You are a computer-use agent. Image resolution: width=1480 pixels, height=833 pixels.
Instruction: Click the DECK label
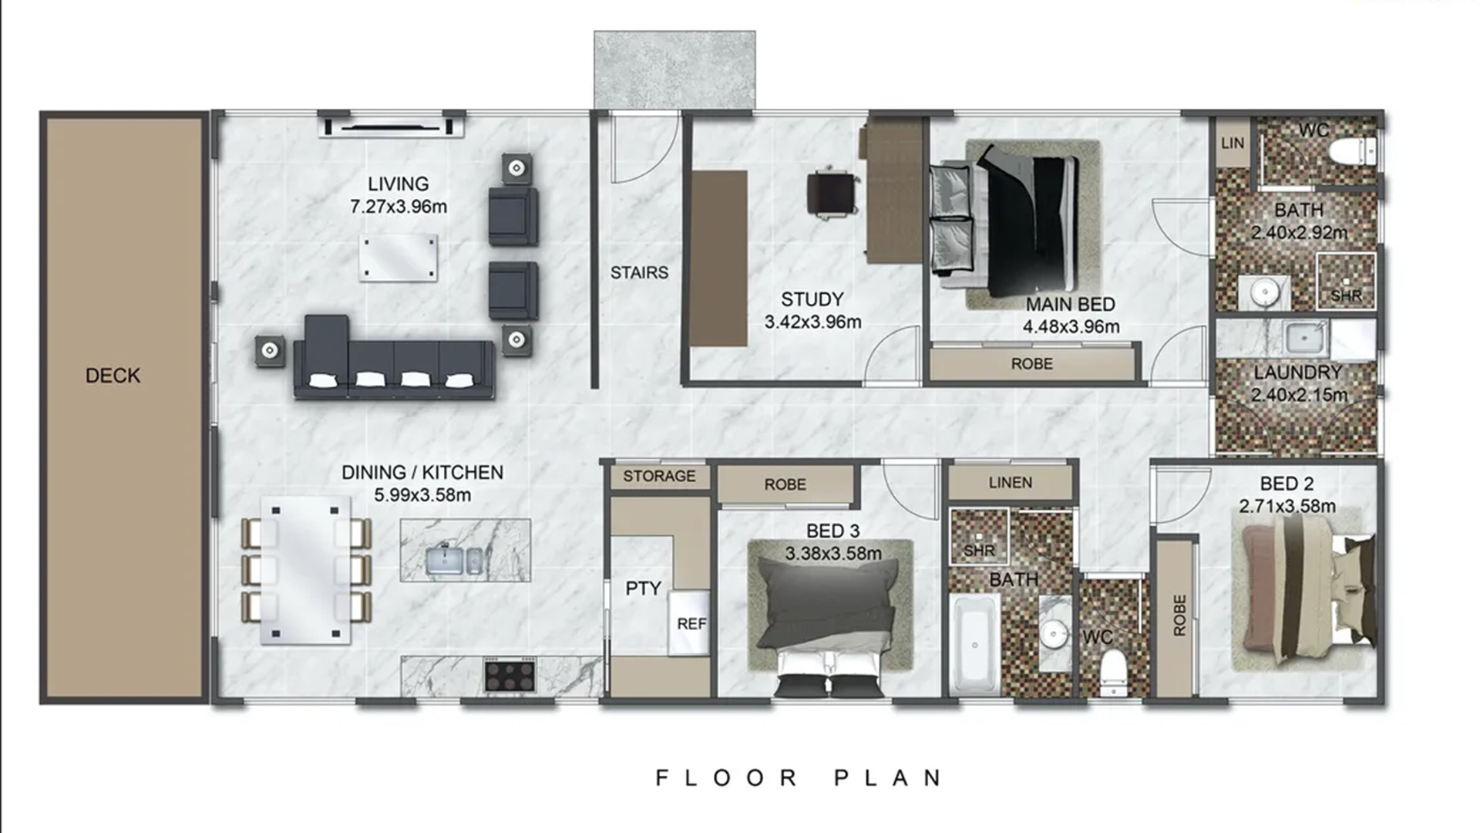click(x=113, y=376)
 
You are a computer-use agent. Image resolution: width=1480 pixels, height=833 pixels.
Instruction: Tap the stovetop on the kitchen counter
click(x=510, y=675)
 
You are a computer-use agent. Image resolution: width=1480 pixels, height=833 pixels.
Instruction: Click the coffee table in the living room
click(x=398, y=258)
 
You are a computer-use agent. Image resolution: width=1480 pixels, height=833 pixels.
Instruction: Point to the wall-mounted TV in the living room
click(x=392, y=126)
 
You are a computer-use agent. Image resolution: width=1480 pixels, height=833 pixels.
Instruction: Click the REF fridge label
click(x=691, y=624)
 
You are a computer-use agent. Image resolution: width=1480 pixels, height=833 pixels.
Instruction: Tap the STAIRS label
click(x=639, y=272)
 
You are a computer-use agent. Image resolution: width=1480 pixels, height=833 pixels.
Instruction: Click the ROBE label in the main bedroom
click(x=1031, y=364)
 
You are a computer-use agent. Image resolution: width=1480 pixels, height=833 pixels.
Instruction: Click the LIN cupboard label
click(x=1232, y=143)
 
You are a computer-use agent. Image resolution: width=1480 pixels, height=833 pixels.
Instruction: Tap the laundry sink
click(x=1303, y=338)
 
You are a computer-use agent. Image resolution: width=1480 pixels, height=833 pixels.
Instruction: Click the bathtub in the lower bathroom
click(x=975, y=643)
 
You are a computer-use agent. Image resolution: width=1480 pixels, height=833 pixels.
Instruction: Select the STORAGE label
click(x=659, y=476)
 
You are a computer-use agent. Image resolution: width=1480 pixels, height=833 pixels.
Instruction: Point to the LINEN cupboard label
click(x=1010, y=483)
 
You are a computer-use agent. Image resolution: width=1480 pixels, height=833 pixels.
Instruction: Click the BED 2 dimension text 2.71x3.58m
click(x=1287, y=506)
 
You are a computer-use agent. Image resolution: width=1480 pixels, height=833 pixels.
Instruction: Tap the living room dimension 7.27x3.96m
click(x=399, y=207)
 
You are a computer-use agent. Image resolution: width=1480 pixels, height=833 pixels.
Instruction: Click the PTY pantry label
click(x=643, y=588)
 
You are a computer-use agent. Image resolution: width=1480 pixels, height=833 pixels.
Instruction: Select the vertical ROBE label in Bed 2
click(x=1179, y=615)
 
